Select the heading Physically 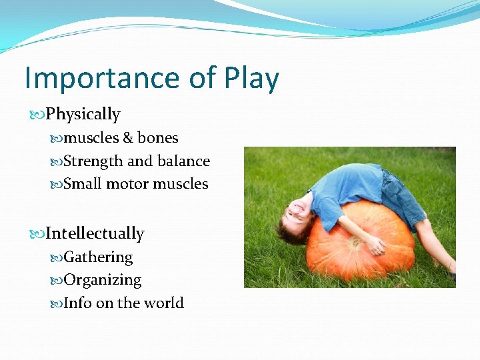(x=83, y=115)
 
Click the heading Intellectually (x=95, y=234)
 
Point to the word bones (x=158, y=138)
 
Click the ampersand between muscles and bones (x=129, y=138)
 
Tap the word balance (x=183, y=161)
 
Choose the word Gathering (x=98, y=257)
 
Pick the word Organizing (x=102, y=280)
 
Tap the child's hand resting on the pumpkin (x=377, y=247)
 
